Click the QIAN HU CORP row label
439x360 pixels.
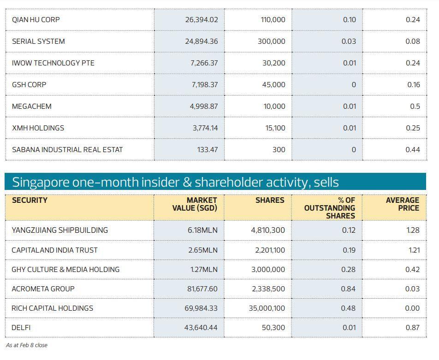tap(36, 20)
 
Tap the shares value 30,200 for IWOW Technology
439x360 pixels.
tap(274, 63)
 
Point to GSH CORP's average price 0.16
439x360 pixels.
tap(413, 85)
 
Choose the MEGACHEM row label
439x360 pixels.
tap(31, 106)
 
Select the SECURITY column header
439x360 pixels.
tap(30, 201)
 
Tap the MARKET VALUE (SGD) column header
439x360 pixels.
tap(195, 204)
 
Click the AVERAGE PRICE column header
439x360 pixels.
tap(403, 204)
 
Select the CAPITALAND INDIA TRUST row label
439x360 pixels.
tap(54, 250)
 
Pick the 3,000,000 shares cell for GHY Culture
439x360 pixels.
tap(268, 270)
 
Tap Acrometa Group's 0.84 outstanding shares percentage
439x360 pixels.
tap(348, 289)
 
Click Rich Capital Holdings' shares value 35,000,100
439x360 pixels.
tap(267, 308)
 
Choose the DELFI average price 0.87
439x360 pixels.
tap(413, 328)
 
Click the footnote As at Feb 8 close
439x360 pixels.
tap(27, 345)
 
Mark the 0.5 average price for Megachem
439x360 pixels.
tap(415, 106)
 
